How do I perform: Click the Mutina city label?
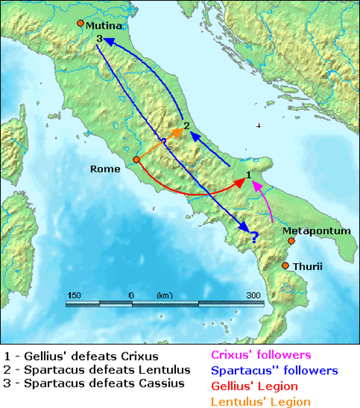(105, 26)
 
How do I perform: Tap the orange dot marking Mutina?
(80, 23)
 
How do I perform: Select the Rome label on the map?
(106, 169)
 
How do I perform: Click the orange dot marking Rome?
(136, 159)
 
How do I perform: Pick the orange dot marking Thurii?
(286, 266)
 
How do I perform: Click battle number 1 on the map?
(248, 175)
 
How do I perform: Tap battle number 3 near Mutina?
(100, 39)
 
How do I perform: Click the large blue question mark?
(251, 229)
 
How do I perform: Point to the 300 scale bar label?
(254, 295)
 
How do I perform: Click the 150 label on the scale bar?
(73, 295)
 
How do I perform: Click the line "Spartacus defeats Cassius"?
(91, 384)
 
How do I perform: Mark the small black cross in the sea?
(259, 126)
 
